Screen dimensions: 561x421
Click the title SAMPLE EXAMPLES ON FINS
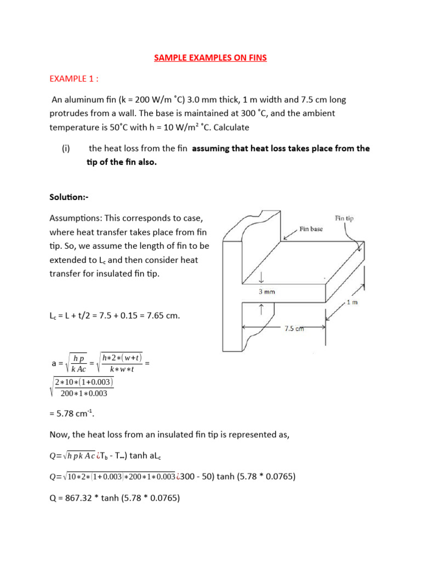tap(210, 58)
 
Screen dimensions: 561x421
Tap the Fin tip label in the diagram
tap(344, 218)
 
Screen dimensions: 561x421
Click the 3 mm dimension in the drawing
tap(267, 292)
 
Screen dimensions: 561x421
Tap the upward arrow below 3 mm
tap(261, 310)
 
